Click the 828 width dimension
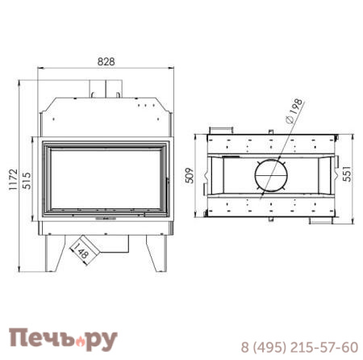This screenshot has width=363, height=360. click(x=106, y=61)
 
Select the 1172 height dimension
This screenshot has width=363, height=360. click(x=13, y=179)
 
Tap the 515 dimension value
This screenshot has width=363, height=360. click(x=27, y=181)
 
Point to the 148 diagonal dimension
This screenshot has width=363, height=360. click(x=81, y=251)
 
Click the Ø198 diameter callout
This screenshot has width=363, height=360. click(x=294, y=111)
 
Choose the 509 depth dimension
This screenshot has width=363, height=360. click(x=190, y=175)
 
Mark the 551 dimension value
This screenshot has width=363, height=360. click(x=347, y=174)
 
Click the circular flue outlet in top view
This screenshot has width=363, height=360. click(x=271, y=175)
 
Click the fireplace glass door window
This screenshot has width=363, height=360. click(x=106, y=179)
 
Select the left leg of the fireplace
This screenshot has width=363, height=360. click(x=54, y=253)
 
